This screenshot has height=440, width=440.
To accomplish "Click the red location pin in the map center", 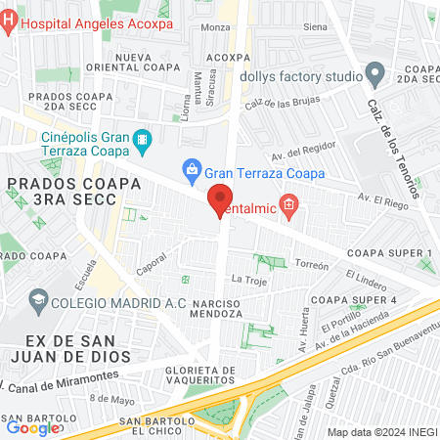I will click(220, 199).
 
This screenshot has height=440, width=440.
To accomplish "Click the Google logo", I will click(32, 427).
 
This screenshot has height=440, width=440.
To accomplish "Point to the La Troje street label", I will click(248, 280).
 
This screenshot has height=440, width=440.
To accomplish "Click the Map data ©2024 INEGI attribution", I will click(380, 431).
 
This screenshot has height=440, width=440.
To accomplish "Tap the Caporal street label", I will click(151, 264).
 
